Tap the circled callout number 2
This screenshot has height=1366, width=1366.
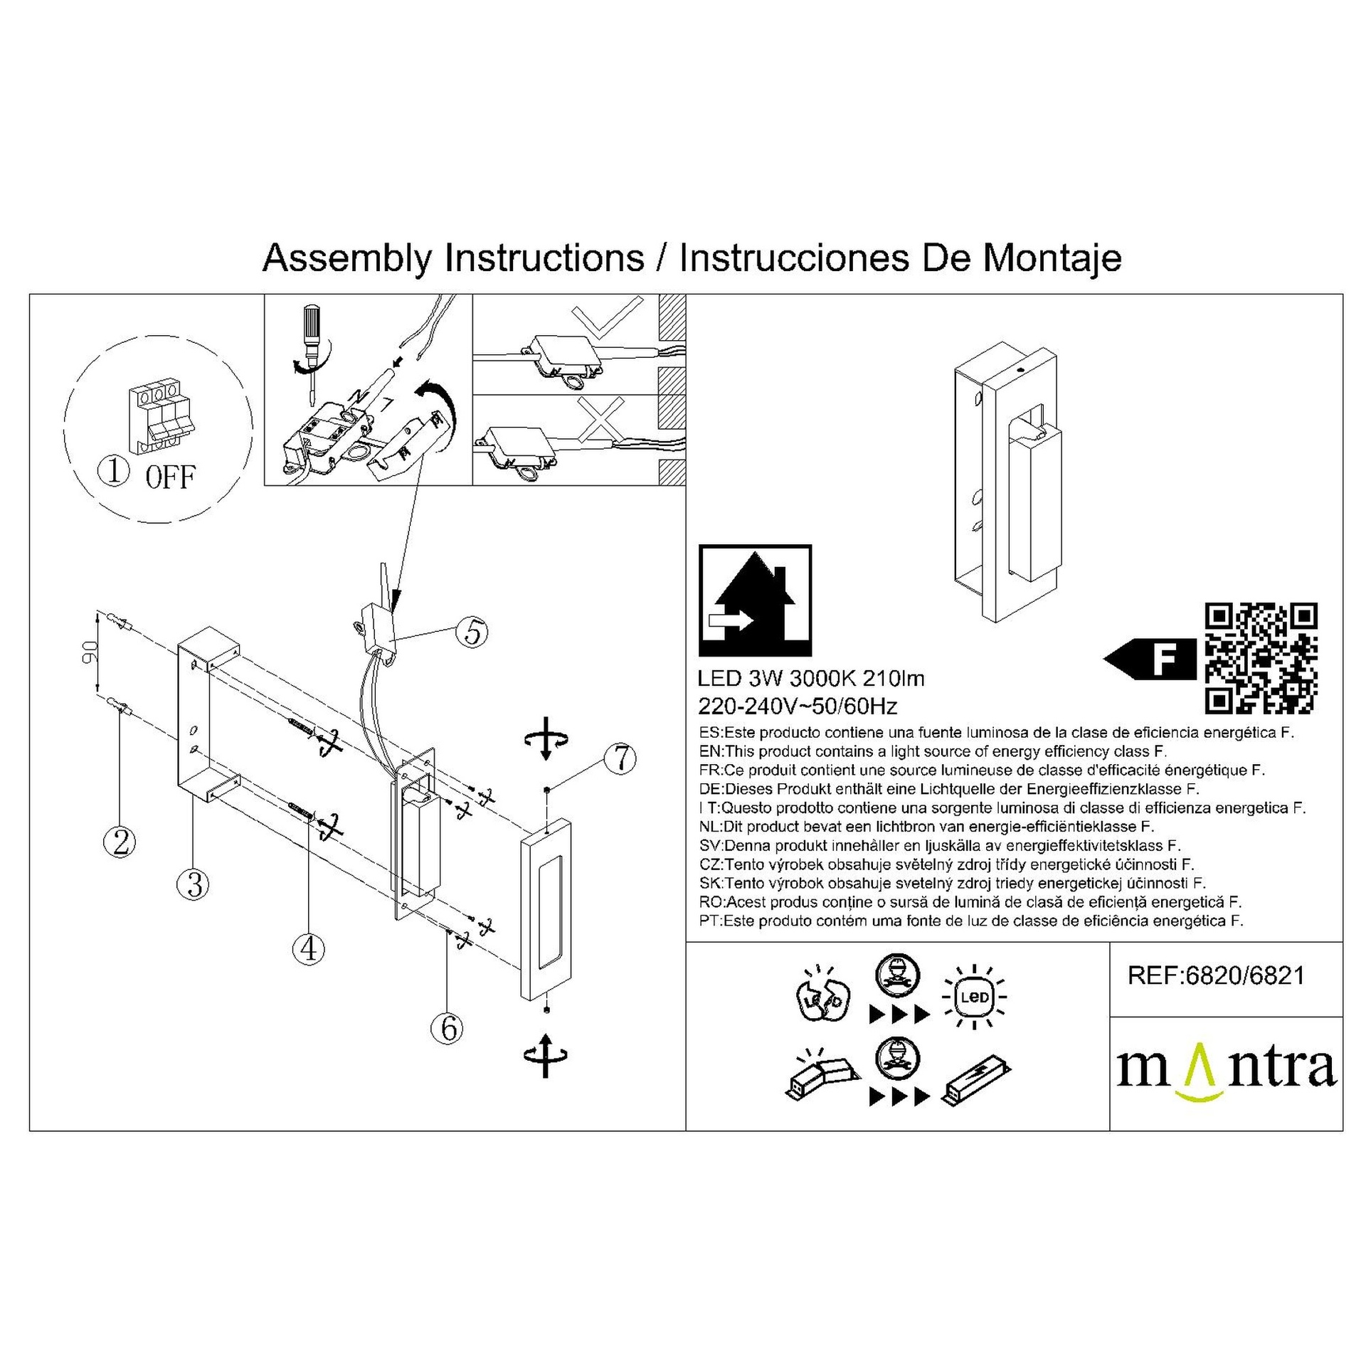(x=120, y=843)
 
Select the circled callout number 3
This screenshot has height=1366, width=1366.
(x=194, y=884)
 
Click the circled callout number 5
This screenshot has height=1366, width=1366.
(x=473, y=632)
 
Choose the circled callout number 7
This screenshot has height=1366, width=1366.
(x=620, y=758)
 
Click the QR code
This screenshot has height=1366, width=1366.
(x=1261, y=658)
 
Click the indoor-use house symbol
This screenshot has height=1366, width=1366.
(x=756, y=600)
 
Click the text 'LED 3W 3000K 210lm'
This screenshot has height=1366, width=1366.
(x=812, y=679)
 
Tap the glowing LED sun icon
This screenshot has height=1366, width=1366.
(x=975, y=996)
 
